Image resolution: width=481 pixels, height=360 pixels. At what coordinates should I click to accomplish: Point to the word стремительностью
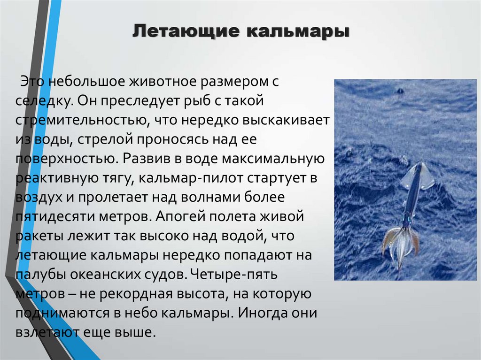(x=79, y=120)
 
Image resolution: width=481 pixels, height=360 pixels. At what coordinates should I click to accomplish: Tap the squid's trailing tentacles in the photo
(x=400, y=244)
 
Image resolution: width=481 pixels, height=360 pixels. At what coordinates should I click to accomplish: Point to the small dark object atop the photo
(x=400, y=91)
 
